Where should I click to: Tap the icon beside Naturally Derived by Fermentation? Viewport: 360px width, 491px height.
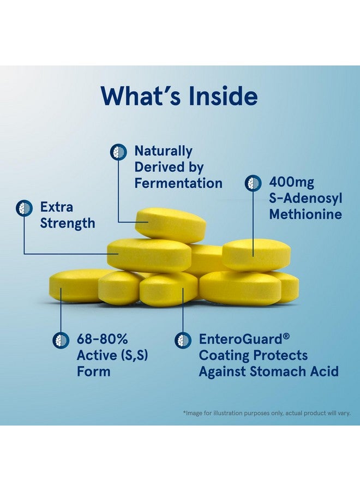(118, 152)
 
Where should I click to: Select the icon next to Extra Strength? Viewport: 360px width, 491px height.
(24, 208)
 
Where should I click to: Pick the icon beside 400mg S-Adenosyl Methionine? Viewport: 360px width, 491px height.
(253, 183)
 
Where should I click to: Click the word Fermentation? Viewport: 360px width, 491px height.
(178, 183)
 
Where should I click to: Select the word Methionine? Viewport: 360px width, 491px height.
(305, 213)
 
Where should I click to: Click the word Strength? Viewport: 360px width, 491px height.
(68, 223)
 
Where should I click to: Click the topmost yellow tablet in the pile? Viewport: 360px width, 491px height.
(170, 224)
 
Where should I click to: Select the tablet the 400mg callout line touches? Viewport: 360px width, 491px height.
(256, 254)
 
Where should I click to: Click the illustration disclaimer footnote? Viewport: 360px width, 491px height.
(267, 413)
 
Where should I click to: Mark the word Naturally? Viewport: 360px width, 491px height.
(163, 151)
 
